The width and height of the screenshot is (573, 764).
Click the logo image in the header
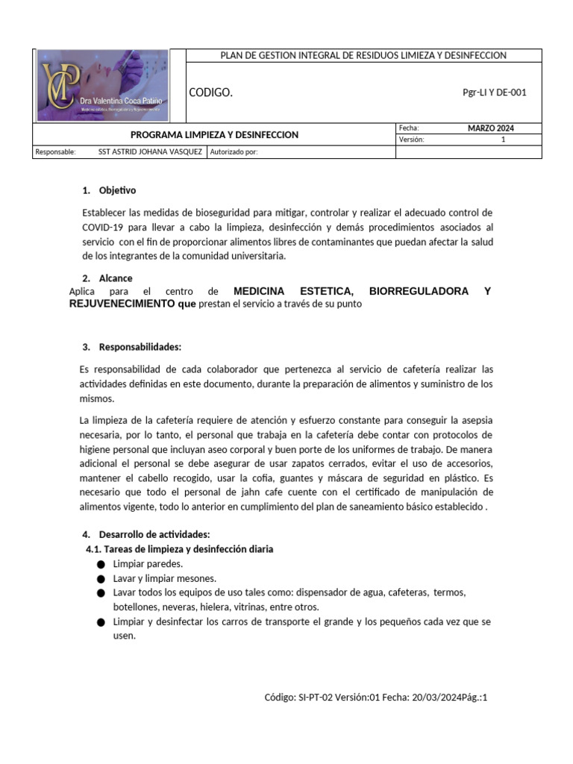click(x=102, y=85)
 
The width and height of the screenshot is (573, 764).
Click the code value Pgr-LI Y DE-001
click(x=495, y=93)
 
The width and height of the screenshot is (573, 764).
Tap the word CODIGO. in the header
click(x=211, y=93)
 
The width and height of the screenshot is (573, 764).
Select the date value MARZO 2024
click(x=490, y=128)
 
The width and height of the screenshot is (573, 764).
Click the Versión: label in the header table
click(x=411, y=140)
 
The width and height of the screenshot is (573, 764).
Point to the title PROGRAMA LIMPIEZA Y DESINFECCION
click(x=214, y=135)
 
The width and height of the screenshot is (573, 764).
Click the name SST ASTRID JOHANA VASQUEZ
click(x=150, y=152)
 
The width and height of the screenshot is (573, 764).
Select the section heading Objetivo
click(x=117, y=190)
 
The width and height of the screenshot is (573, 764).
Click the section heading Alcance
click(x=116, y=278)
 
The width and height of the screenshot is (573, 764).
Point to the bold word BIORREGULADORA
click(x=419, y=291)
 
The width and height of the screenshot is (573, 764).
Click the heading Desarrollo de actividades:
click(x=154, y=534)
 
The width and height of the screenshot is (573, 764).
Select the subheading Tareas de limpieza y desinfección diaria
click(x=188, y=549)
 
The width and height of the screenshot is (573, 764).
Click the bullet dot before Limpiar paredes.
click(x=101, y=564)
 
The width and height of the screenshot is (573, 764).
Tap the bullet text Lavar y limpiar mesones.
click(x=164, y=578)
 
